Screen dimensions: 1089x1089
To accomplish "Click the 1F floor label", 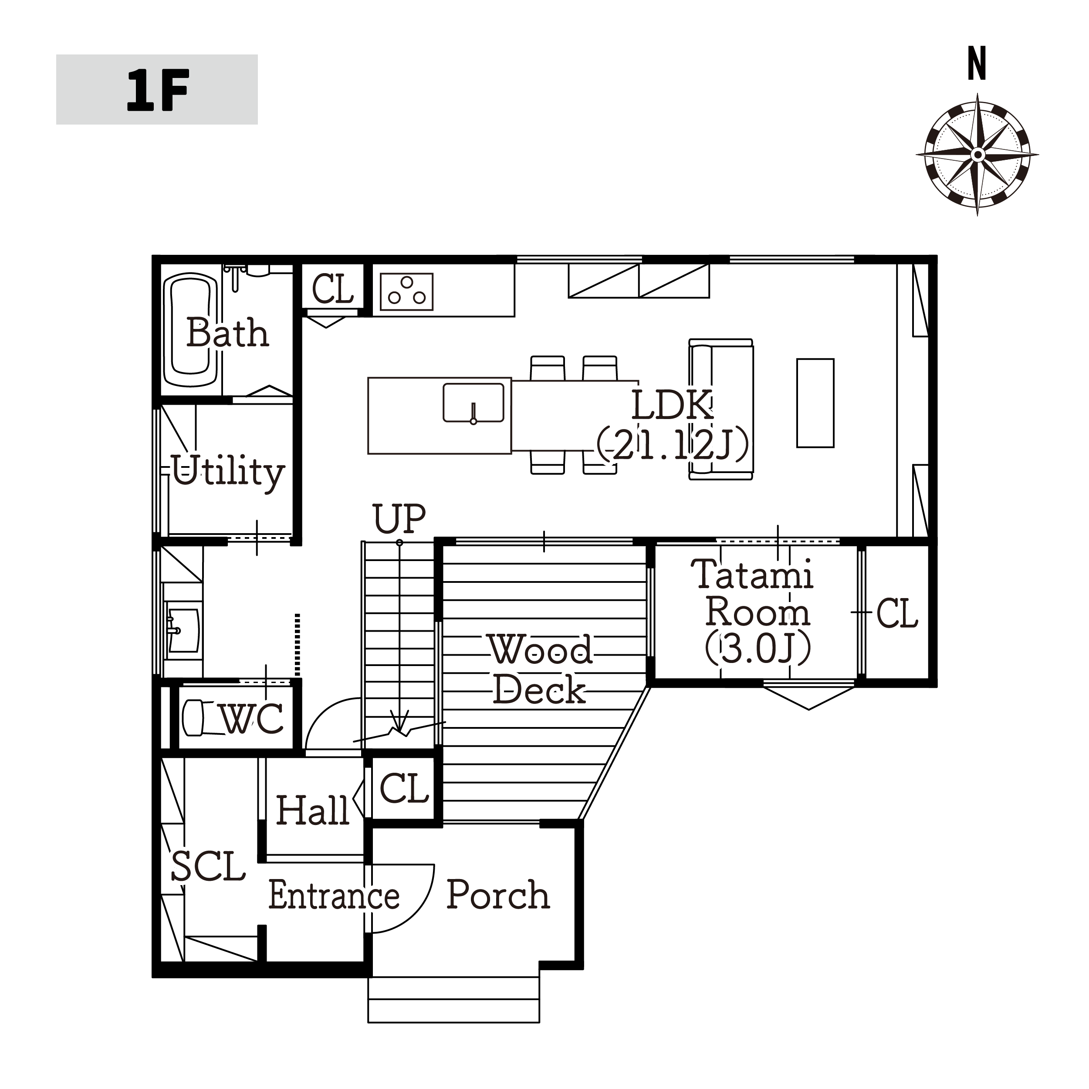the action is click(157, 90).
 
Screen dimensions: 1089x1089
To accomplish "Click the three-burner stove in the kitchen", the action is click(407, 291).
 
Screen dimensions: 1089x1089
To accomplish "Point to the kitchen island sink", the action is click(473, 402).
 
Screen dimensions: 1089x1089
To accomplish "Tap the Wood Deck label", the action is click(540, 669).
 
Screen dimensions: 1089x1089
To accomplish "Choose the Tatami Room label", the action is click(753, 592).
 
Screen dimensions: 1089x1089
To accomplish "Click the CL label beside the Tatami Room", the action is click(897, 613).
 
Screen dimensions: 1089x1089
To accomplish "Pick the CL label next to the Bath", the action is click(332, 289).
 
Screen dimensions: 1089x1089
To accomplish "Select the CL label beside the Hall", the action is click(404, 788).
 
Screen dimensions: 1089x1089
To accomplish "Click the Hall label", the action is click(313, 811).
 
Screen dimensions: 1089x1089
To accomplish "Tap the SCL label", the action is click(208, 866).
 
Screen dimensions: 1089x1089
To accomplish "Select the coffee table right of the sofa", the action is click(815, 403).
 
